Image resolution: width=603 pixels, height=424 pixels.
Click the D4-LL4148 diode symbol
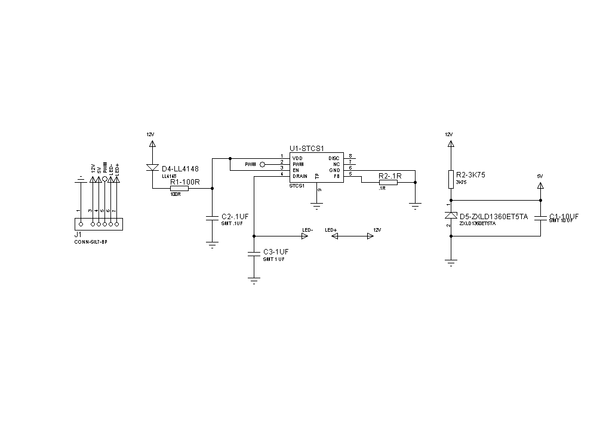point(152,168)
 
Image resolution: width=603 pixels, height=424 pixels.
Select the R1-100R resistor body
point(179,188)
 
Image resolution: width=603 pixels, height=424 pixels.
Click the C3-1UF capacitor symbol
point(254,254)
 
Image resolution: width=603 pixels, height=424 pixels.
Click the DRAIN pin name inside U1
point(300,176)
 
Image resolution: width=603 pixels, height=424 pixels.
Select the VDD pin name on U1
point(297,158)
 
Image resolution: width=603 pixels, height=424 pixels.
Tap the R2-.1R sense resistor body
point(388,182)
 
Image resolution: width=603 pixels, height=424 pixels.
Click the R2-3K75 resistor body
point(452,179)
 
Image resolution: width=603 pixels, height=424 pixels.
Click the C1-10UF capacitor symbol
point(540,218)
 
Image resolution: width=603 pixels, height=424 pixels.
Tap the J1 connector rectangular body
point(99,224)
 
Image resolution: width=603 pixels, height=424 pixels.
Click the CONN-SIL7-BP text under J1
point(91,242)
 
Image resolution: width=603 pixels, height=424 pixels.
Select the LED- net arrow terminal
point(304,236)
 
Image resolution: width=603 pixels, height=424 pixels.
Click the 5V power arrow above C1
point(540,186)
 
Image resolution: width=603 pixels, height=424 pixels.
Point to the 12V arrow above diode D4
point(152,143)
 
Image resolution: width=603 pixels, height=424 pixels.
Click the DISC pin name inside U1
point(334,158)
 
